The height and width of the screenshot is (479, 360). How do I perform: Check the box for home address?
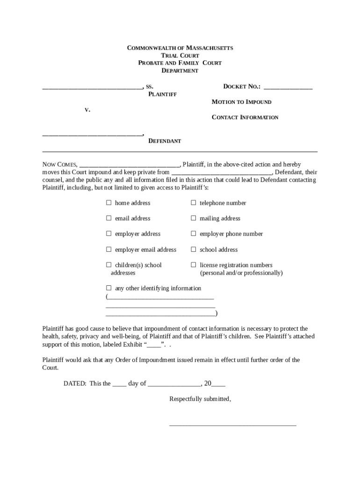pos(108,203)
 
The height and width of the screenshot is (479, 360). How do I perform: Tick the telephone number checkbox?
pos(193,203)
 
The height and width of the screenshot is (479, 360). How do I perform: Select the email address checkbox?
pos(108,218)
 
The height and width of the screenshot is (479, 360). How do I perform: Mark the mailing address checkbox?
pos(193,218)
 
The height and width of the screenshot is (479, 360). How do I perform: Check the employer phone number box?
pos(193,234)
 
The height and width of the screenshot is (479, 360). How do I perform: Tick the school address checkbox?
pos(193,250)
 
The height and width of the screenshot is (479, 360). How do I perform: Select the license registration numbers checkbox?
pos(193,265)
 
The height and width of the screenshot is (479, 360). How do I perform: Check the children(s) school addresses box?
pos(108,265)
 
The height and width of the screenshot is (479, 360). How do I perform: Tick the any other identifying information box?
pos(108,288)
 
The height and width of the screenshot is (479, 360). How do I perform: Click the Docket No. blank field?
pos(288,87)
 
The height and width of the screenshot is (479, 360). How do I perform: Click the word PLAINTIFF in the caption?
pos(162,94)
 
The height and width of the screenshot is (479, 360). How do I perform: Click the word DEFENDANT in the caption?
pos(165,141)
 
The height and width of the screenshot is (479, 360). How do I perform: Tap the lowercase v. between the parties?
pos(87,109)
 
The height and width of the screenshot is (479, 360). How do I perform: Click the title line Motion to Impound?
pos(241,102)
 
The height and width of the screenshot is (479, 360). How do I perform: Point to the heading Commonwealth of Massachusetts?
pos(180,48)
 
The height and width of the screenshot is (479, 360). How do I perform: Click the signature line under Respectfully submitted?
pos(232,425)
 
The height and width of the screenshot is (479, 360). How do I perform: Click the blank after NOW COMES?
pos(130,165)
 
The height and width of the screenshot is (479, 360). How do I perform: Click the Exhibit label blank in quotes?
pos(154,345)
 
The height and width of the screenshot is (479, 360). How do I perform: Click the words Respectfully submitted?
pos(200,399)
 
